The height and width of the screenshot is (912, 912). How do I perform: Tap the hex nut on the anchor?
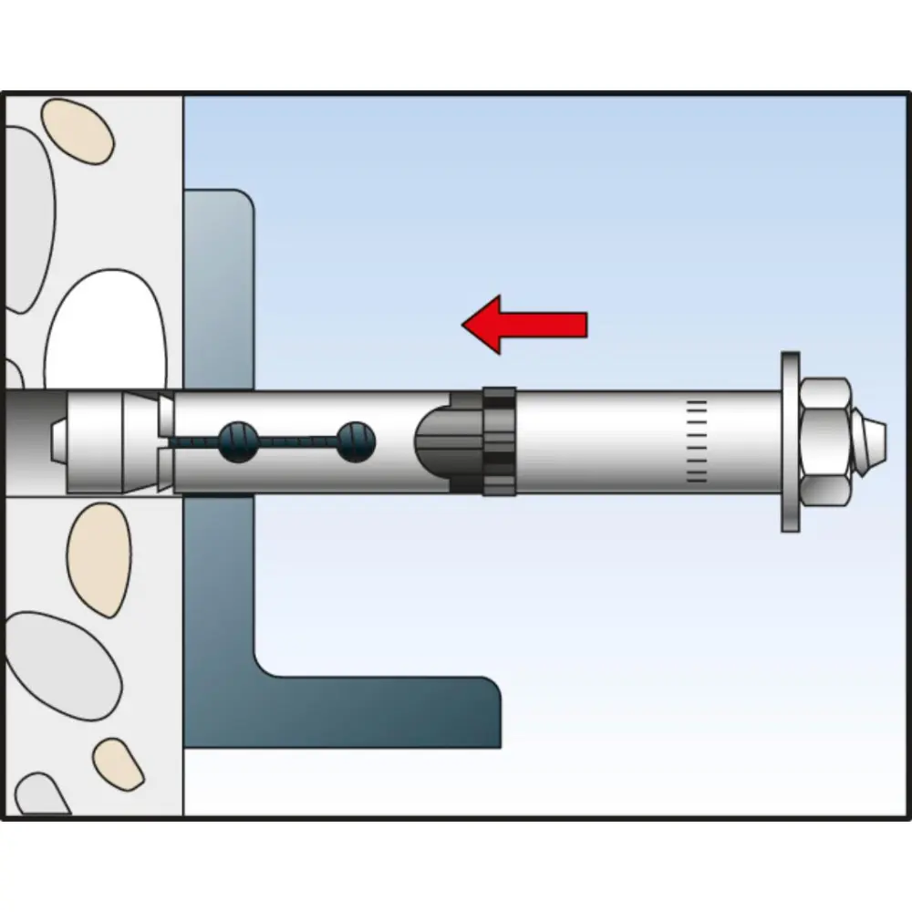826,442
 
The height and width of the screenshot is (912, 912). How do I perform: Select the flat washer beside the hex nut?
788,442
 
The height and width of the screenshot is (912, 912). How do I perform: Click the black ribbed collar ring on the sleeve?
497,442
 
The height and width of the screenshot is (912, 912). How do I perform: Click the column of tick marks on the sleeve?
696,441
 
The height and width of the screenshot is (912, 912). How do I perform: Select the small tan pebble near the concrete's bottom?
119,762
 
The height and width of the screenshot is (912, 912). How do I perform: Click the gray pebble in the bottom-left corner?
41,793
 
